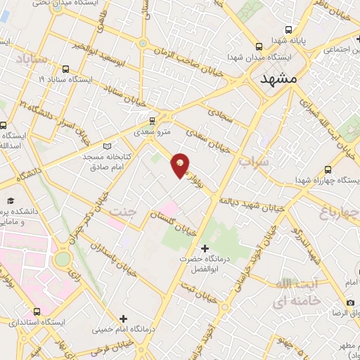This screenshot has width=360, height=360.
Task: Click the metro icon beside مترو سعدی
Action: pos(152,120)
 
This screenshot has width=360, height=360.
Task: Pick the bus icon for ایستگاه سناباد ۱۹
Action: pos(65,69)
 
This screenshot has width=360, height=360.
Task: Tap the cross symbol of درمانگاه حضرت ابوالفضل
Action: pos(205,248)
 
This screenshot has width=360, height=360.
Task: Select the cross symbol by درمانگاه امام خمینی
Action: pos(123,319)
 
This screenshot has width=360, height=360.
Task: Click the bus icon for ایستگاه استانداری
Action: pos(37,311)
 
